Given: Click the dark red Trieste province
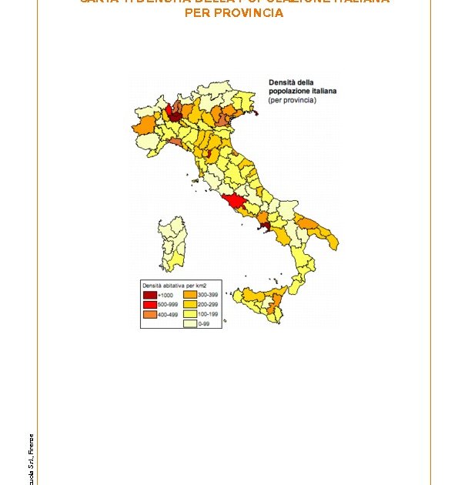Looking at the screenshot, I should pos(256,115).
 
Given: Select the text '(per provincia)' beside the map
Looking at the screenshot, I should pos(292,100).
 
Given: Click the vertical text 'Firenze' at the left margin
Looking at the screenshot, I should pos(32,443).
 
